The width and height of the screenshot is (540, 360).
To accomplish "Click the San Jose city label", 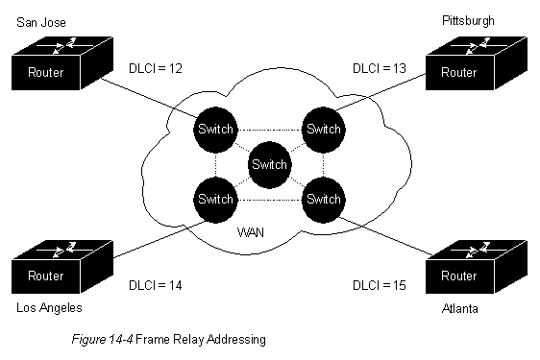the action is (x=41, y=23).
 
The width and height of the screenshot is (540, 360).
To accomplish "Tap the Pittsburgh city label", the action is (x=468, y=21).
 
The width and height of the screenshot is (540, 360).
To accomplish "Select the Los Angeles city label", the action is (x=49, y=308).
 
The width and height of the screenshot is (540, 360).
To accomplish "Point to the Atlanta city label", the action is (x=459, y=308).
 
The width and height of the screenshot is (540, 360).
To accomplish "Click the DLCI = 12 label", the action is (x=156, y=68).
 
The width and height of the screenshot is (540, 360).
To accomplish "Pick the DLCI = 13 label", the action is (x=380, y=68).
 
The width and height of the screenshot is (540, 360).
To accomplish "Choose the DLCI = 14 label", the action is (x=156, y=285).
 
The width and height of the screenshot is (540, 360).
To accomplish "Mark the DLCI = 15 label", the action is (x=380, y=285).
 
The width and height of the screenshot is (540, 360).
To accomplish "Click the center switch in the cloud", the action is (x=270, y=165).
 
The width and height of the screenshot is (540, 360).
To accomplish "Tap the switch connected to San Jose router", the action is (x=215, y=130).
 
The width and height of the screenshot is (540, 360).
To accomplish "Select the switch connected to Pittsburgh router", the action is (x=324, y=130).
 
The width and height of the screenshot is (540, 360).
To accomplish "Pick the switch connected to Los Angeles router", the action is (x=215, y=200).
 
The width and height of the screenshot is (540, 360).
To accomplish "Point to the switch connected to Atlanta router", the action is (x=324, y=200).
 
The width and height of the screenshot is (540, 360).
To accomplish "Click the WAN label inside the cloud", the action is (x=251, y=232).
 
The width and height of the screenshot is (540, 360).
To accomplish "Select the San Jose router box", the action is (x=62, y=63).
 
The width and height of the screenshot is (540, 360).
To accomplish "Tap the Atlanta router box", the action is (x=477, y=267).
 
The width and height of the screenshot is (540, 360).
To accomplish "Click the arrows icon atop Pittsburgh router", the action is (x=476, y=46).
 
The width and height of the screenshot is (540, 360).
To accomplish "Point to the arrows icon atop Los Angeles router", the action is (x=61, y=250).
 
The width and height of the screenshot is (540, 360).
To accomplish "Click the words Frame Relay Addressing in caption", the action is (x=201, y=340).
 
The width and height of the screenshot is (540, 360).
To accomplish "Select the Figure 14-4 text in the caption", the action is (x=102, y=340).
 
